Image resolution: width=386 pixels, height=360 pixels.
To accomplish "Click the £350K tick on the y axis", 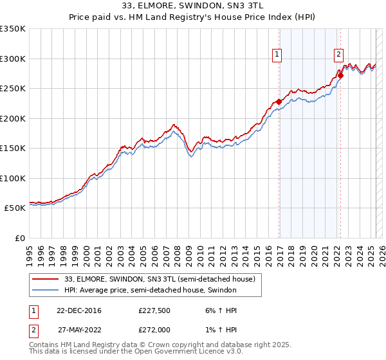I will pyautogui.click(x=13, y=29).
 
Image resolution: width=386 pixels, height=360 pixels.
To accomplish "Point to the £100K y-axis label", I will pyautogui.click(x=13, y=179).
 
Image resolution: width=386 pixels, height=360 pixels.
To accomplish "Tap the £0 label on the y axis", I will pyautogui.click(x=21, y=239).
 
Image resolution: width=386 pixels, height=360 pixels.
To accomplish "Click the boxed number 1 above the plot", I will pyautogui.click(x=277, y=55).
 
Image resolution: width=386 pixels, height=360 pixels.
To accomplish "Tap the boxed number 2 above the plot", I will pyautogui.click(x=338, y=55).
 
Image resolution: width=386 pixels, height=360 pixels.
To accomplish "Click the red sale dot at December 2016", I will pyautogui.click(x=279, y=102).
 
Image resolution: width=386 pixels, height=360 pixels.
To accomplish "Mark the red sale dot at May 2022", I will pyautogui.click(x=340, y=75).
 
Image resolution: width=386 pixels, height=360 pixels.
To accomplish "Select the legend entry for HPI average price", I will pyautogui.click(x=151, y=290).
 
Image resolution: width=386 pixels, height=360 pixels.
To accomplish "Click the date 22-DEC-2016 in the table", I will pyautogui.click(x=79, y=310).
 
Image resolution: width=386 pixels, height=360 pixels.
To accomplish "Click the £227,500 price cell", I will pyautogui.click(x=154, y=310).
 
